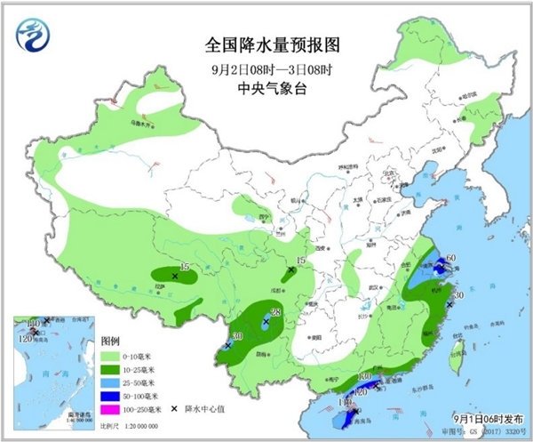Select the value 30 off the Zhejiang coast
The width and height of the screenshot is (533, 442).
pos(458,295)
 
